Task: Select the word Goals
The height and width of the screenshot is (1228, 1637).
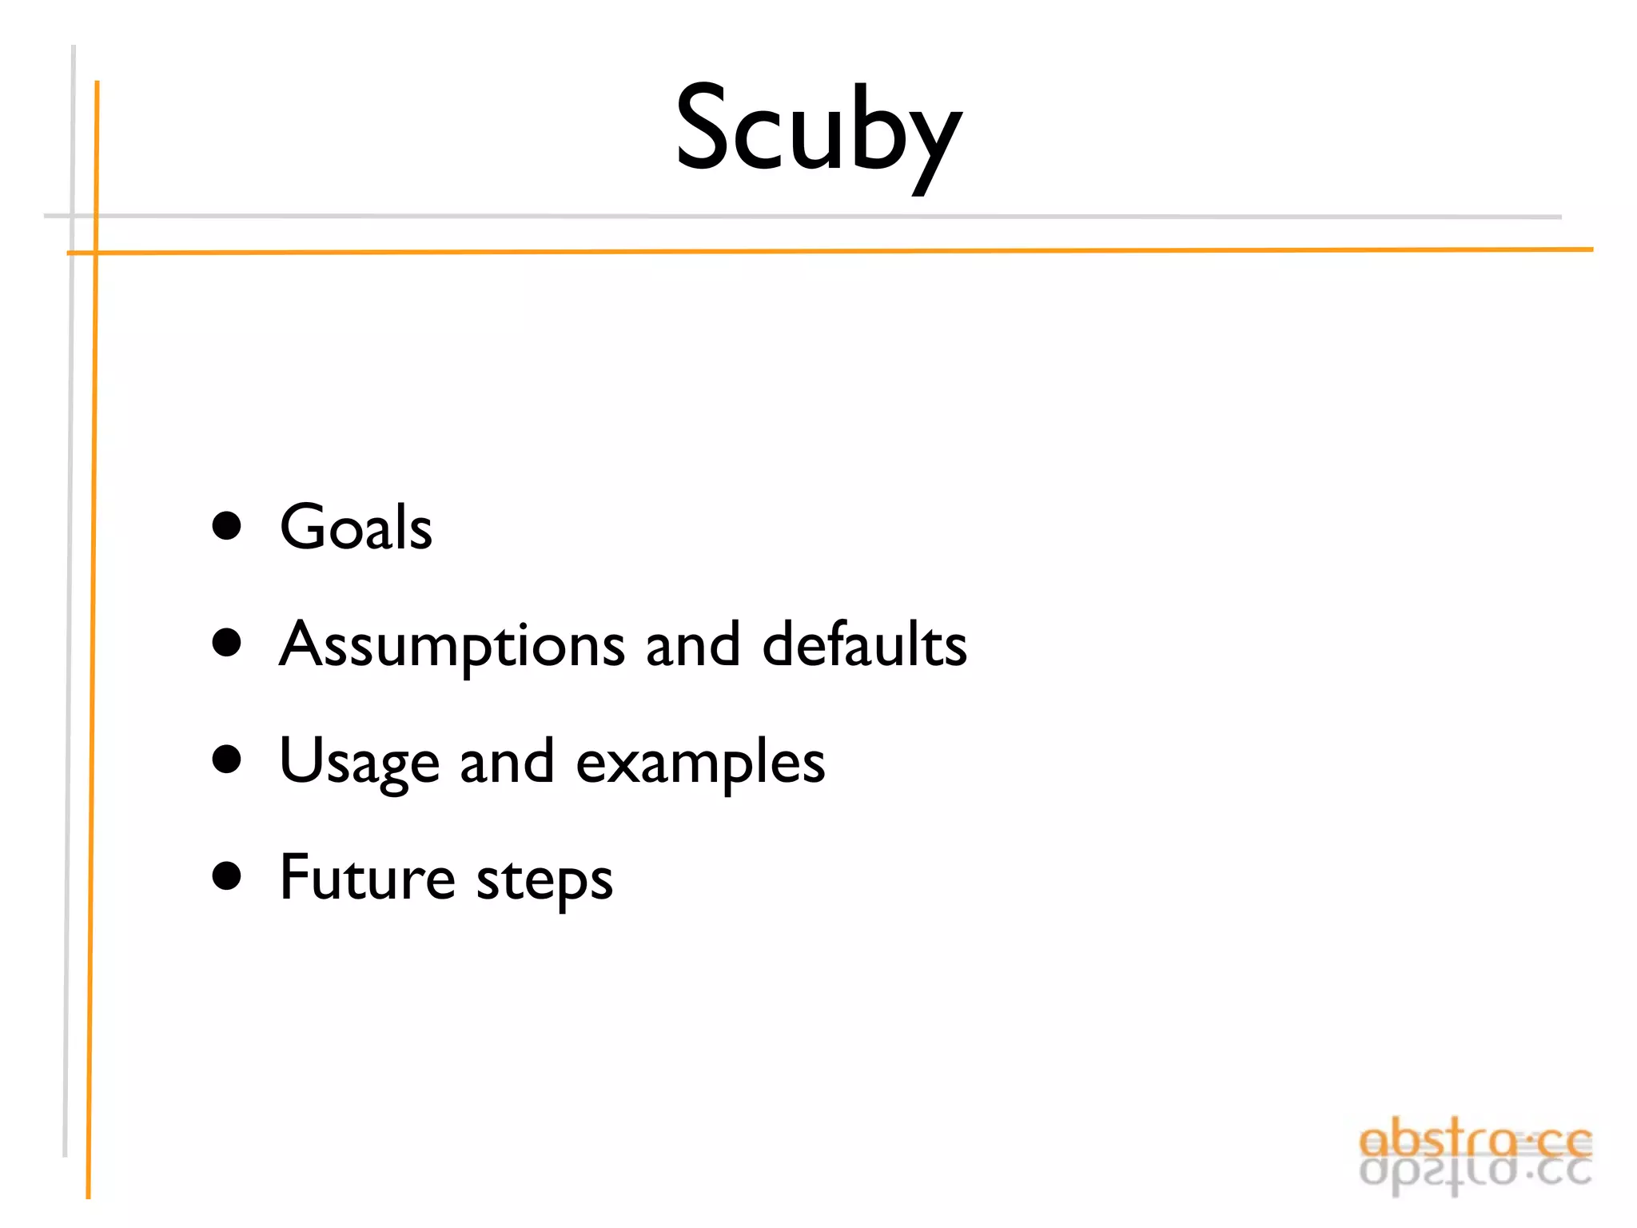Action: (356, 528)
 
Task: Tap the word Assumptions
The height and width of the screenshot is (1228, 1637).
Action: (452, 645)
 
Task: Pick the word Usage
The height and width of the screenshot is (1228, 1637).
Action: (359, 763)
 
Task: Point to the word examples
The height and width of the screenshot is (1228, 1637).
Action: (700, 763)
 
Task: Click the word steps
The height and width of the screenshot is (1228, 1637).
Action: (544, 879)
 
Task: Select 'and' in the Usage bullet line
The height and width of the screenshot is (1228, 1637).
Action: (507, 762)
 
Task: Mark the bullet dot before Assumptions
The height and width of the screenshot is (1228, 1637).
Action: (227, 644)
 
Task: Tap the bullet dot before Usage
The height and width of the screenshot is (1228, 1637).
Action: (227, 760)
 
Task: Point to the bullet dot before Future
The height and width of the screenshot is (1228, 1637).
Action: (227, 876)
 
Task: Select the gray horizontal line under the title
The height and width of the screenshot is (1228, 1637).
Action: (799, 217)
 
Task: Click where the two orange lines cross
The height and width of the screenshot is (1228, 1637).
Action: (96, 253)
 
